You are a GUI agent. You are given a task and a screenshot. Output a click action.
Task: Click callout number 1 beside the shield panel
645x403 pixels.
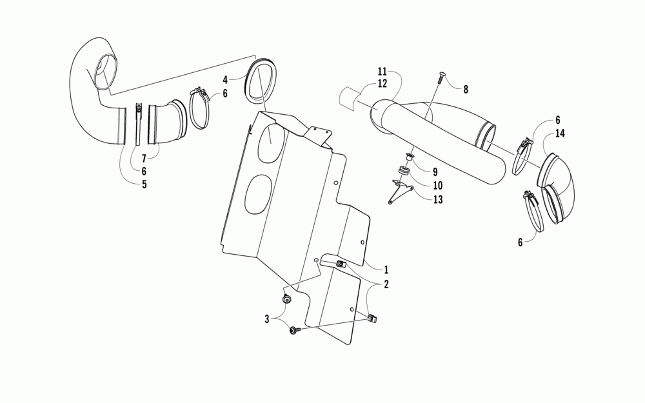386,269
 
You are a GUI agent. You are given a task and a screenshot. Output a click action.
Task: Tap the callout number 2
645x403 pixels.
386,284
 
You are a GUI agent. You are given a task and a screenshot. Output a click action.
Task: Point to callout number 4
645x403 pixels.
225,81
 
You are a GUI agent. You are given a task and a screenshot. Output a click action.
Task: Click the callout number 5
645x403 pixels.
144,184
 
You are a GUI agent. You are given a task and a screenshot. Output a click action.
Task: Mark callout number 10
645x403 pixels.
436,186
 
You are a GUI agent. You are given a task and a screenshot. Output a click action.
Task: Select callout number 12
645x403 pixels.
382,84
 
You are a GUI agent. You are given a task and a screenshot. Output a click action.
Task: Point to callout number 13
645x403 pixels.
437,199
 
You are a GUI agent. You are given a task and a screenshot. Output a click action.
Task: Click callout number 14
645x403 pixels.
559,133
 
